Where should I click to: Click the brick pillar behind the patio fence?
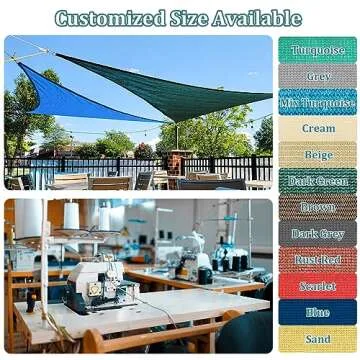click(177, 162)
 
